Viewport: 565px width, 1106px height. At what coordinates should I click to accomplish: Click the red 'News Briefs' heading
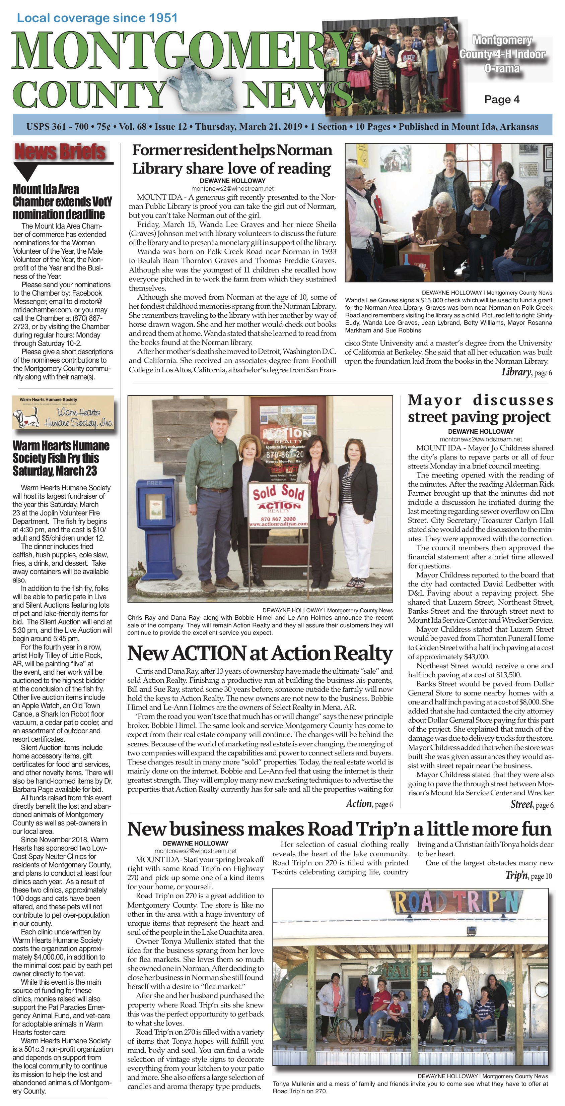[x=60, y=151]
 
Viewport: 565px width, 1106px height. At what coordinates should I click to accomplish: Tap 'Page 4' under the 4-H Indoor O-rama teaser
[x=501, y=100]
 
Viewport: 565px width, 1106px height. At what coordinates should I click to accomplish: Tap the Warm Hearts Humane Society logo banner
[x=63, y=413]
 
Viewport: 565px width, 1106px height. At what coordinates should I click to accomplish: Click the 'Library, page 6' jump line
[x=526, y=372]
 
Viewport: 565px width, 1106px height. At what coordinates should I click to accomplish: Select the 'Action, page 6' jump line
[x=369, y=804]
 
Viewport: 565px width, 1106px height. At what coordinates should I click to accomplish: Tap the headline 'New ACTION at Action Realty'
[x=260, y=653]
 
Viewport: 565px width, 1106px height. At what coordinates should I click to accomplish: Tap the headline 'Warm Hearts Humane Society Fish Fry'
[x=61, y=458]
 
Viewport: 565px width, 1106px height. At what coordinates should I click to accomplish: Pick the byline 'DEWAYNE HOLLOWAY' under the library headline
[x=232, y=181]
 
